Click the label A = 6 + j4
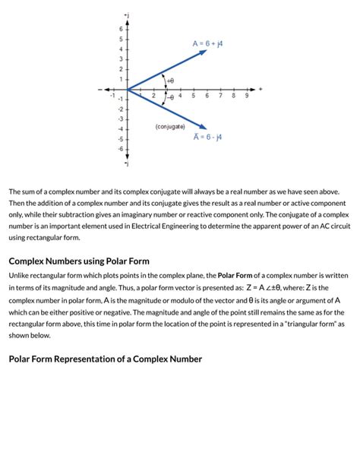pyautogui.click(x=207, y=44)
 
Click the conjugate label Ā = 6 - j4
pyautogui.click(x=207, y=138)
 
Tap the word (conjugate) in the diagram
pyautogui.click(x=170, y=126)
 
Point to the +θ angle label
pyautogui.click(x=170, y=80)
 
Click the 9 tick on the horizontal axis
pyautogui.click(x=247, y=96)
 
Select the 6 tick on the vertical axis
pyautogui.click(x=119, y=29)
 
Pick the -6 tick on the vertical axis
pyautogui.click(x=118, y=149)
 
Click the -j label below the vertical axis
pyautogui.click(x=126, y=163)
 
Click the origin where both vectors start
pyautogui.click(x=127, y=90)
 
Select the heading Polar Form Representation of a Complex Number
pyautogui.click(x=105, y=359)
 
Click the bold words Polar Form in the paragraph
pyautogui.click(x=236, y=276)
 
